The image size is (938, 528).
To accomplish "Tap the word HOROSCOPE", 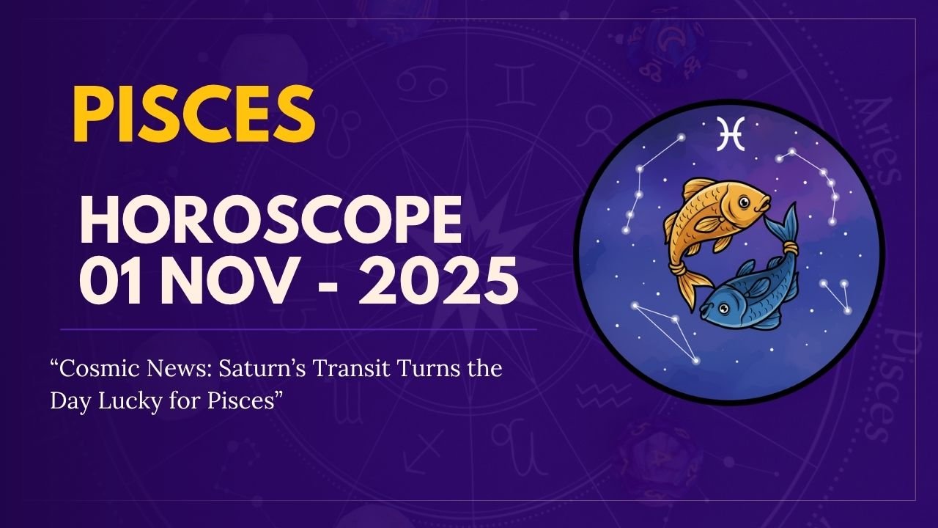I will click(270, 221).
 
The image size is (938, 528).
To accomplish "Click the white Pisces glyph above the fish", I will click(730, 133).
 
